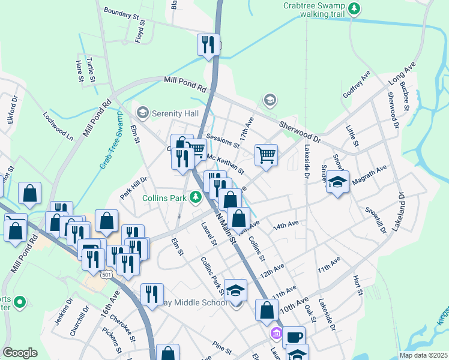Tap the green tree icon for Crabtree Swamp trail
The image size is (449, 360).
(355, 8)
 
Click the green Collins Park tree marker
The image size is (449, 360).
(195, 196)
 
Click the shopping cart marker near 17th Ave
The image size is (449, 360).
(266, 154)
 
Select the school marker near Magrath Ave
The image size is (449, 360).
(338, 181)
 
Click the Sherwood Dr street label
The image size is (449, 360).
(300, 130)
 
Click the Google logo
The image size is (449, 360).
(20, 353)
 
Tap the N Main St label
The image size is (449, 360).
(223, 225)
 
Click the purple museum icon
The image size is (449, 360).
(276, 333)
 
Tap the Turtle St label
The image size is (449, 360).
(91, 70)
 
